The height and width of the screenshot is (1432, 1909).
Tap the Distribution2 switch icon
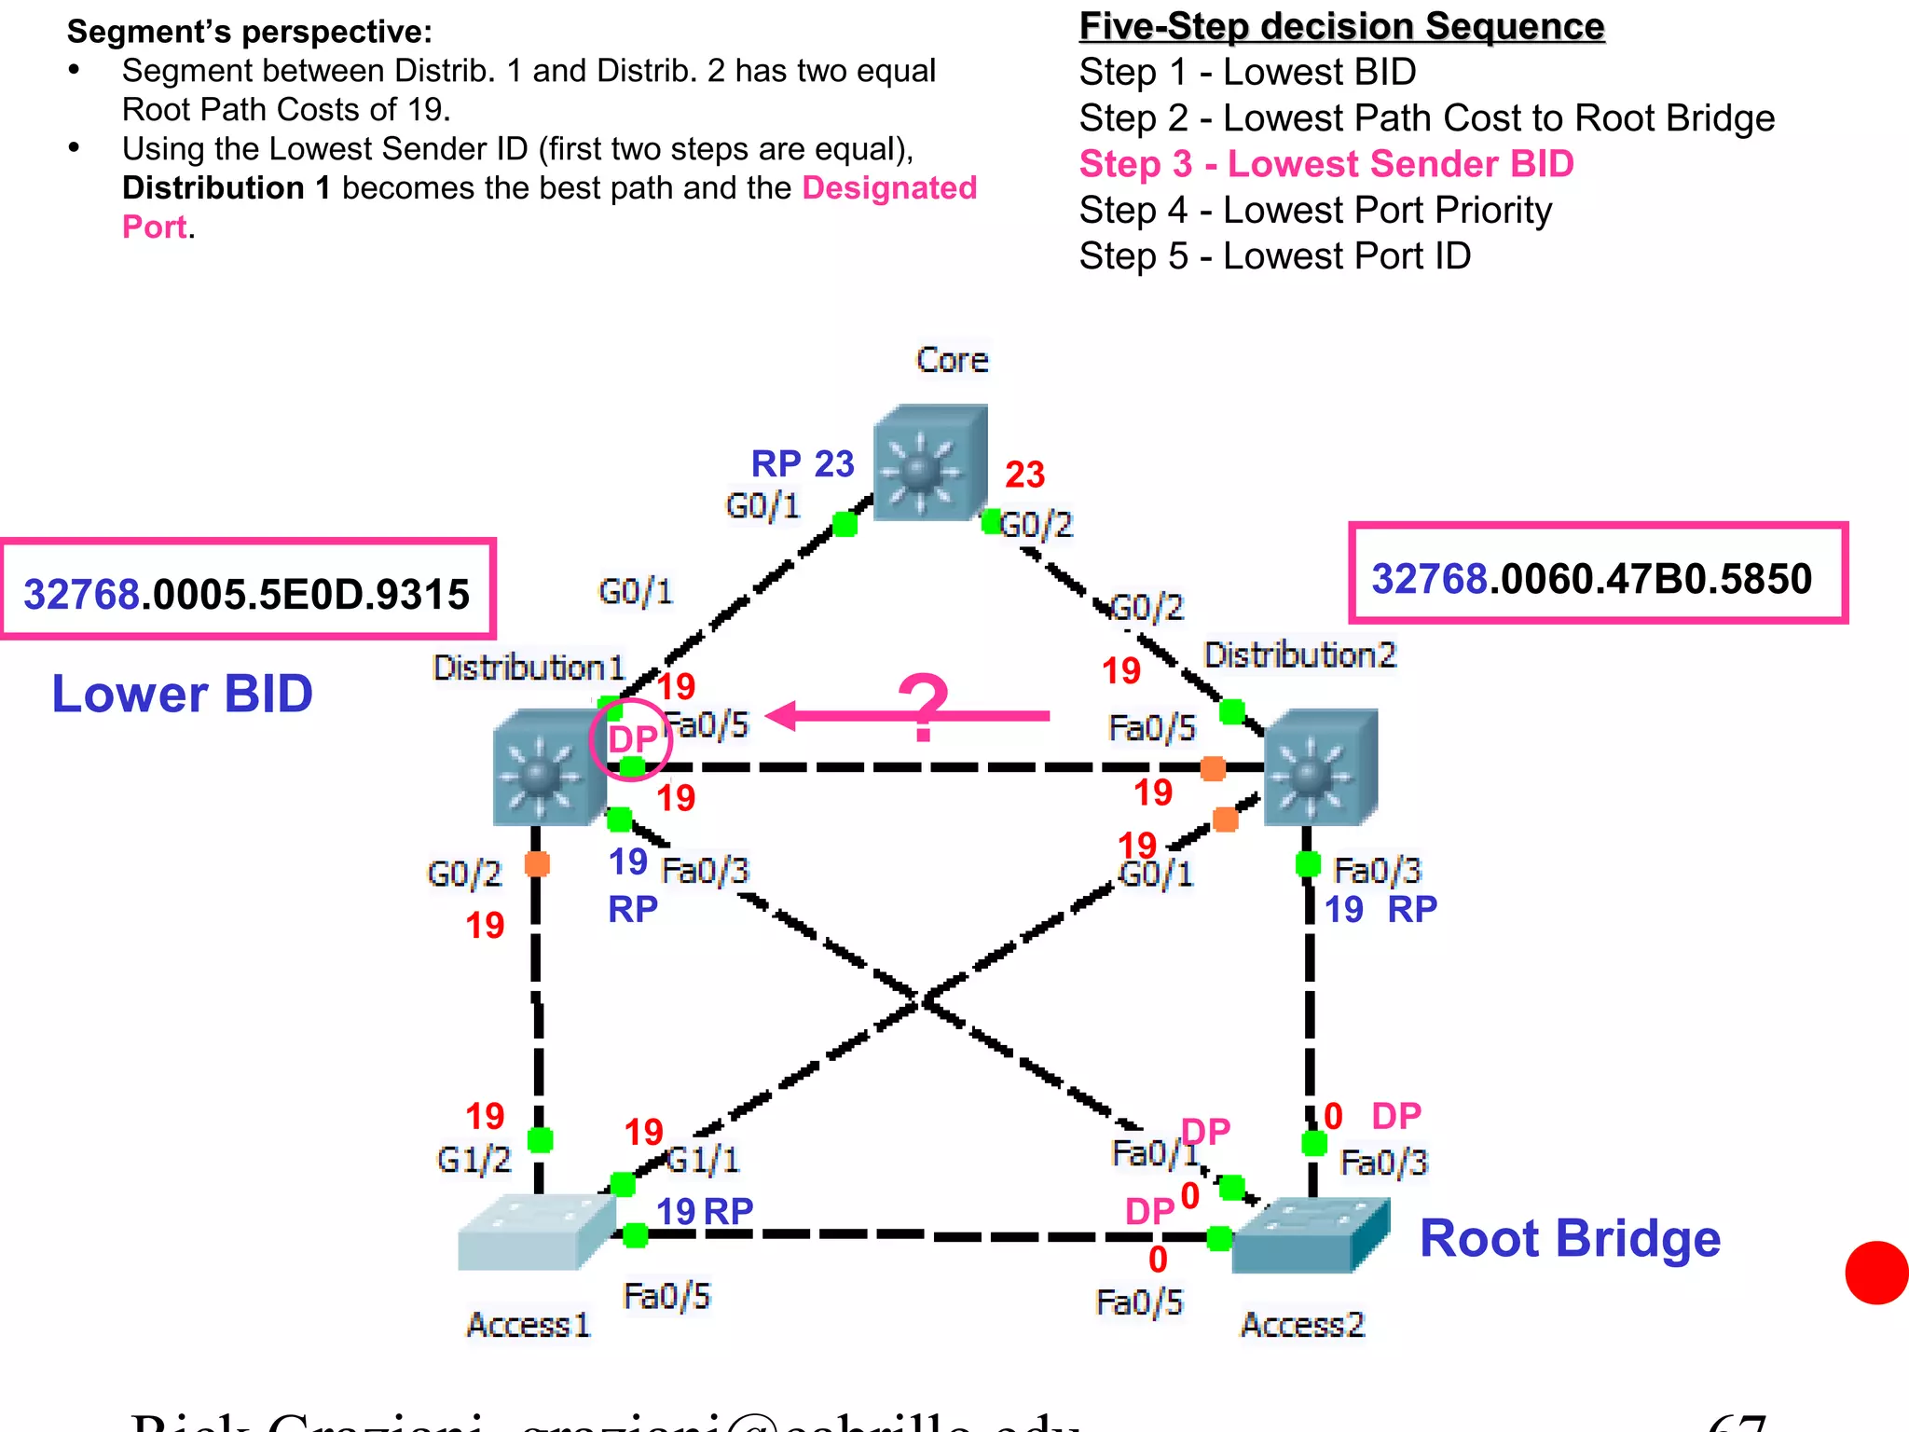[x=1320, y=767]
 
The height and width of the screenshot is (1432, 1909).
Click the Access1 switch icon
[x=536, y=1232]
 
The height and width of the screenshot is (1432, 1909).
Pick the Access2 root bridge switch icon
[x=1310, y=1236]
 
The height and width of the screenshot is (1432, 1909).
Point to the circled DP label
[x=632, y=739]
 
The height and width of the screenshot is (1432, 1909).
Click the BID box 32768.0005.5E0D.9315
[x=247, y=593]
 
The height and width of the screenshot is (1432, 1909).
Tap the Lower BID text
[x=182, y=695]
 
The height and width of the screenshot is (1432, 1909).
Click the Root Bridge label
[x=1569, y=1239]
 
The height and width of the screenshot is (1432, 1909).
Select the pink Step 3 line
[x=1325, y=164]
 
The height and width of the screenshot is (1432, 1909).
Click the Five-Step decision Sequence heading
[x=1340, y=26]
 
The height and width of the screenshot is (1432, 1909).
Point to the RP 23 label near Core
[x=803, y=463]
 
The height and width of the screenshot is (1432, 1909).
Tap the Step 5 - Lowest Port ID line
[x=1274, y=256]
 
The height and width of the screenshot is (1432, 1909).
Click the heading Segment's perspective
[x=249, y=32]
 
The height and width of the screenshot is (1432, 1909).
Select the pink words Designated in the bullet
[x=888, y=188]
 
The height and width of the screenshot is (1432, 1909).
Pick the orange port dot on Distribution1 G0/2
[x=537, y=863]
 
